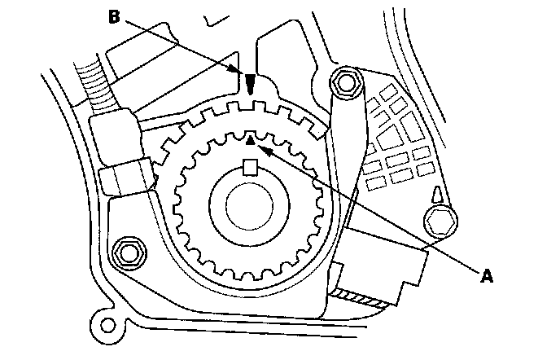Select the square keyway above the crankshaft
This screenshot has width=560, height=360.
tap(251, 169)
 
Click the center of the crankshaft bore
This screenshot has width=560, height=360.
tap(248, 208)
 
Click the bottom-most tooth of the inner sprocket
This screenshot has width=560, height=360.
tap(249, 274)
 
